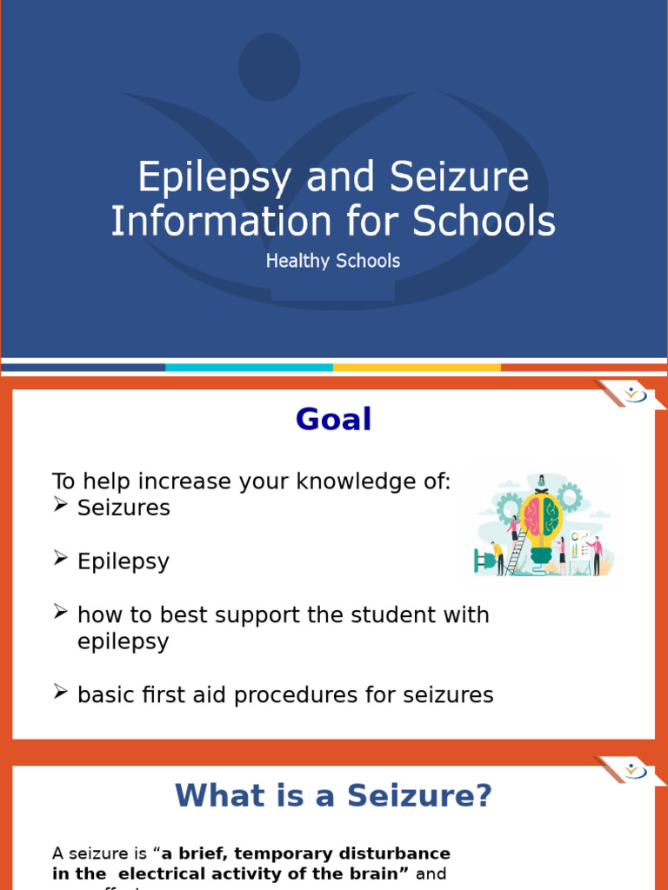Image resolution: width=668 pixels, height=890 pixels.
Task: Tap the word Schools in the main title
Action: (484, 221)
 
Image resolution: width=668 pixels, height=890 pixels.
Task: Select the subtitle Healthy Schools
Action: (333, 261)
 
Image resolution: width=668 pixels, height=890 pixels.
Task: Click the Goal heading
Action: (333, 420)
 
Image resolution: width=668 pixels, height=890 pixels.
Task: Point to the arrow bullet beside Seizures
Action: (60, 506)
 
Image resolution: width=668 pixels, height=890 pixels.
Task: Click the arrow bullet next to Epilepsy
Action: (60, 560)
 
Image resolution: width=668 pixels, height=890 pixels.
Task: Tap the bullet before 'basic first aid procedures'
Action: (60, 693)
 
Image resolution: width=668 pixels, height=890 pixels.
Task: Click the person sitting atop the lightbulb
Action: (542, 482)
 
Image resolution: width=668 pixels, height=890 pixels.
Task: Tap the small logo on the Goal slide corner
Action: (636, 395)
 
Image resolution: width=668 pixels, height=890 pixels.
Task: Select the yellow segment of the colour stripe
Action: (417, 368)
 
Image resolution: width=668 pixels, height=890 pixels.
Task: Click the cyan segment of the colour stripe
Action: (249, 368)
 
